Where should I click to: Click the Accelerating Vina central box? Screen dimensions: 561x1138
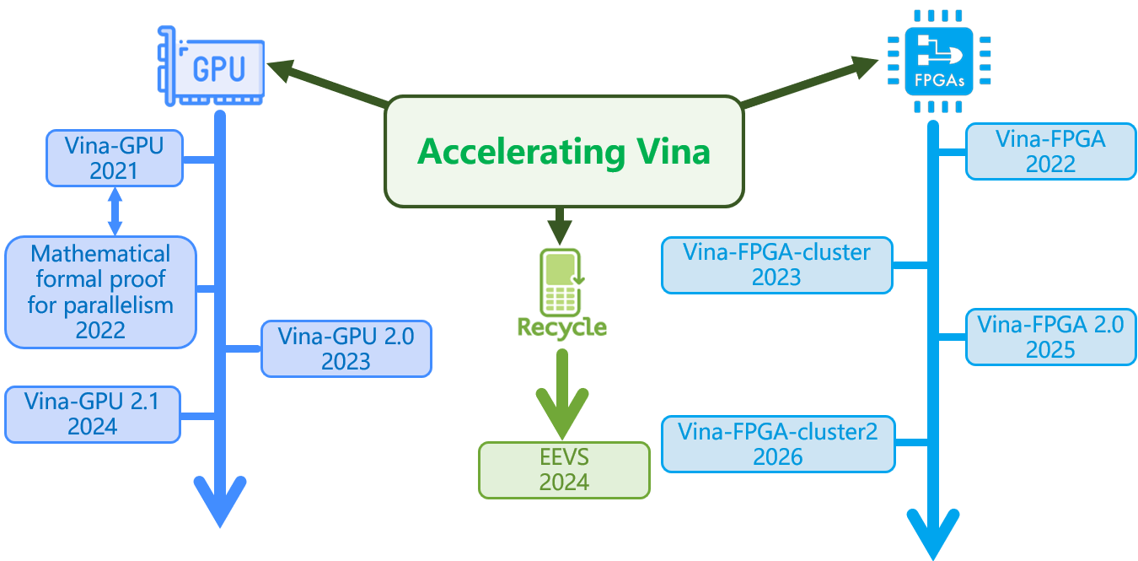point(564,152)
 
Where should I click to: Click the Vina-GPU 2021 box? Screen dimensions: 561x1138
point(114,158)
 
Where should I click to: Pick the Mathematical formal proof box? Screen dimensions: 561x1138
point(100,291)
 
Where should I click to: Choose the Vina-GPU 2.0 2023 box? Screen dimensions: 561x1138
point(346,348)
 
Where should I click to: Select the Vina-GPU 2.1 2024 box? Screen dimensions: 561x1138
point(93,413)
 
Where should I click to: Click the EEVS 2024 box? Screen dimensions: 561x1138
point(564,469)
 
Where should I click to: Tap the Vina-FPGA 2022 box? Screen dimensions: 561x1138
point(1050,151)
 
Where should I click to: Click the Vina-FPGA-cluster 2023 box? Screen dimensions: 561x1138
point(776,265)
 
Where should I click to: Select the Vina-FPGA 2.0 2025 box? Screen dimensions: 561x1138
point(1050,337)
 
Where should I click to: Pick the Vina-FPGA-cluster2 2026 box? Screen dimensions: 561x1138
point(777,444)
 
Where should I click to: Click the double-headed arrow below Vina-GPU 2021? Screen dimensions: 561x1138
point(115,211)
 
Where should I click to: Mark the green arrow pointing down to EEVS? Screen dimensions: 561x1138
point(562,391)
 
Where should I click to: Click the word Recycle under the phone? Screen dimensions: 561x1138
point(562,326)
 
